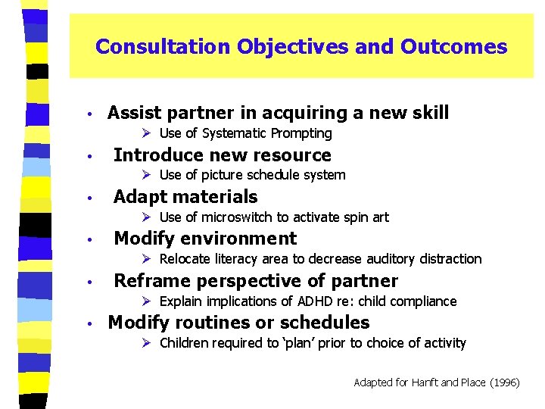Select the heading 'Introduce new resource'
222,155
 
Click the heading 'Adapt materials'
185,197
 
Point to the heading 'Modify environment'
204,239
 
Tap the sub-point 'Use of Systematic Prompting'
245,134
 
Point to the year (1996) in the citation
504,382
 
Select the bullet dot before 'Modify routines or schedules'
89,323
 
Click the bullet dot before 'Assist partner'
89,114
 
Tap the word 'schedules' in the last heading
329,323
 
